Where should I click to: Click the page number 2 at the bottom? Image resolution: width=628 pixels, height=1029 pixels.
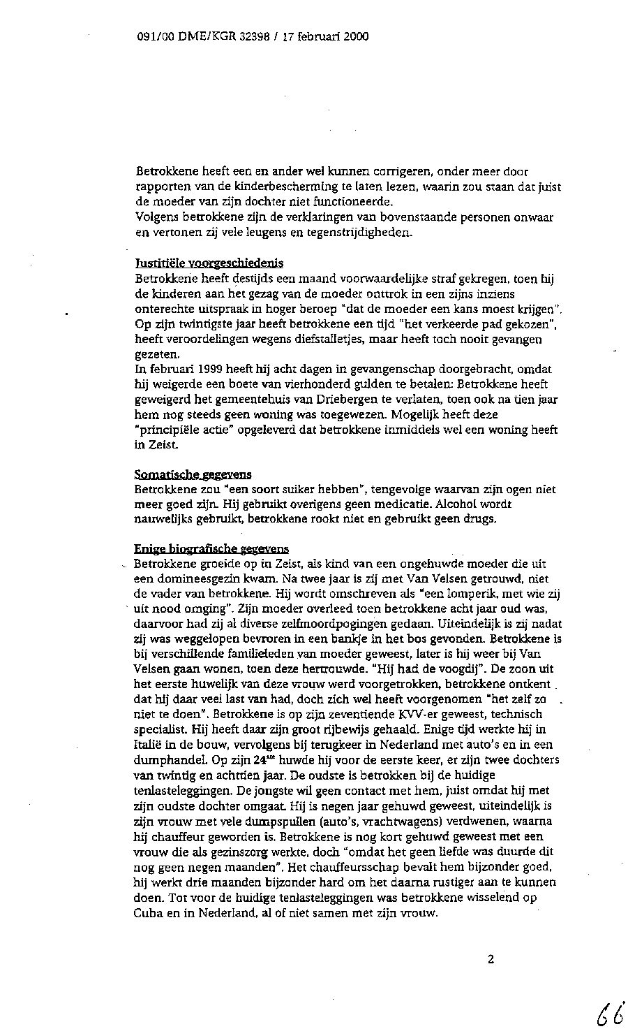[x=491, y=959]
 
